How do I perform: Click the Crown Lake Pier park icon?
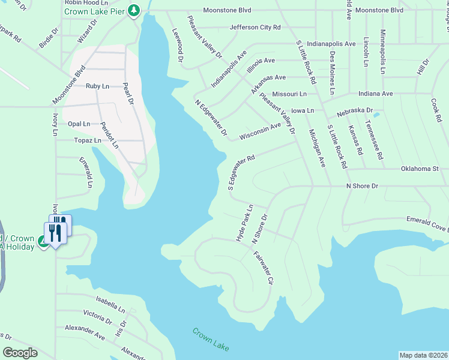[135, 10]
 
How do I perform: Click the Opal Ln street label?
[79, 124]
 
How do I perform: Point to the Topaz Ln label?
[88, 140]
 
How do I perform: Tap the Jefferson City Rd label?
[255, 28]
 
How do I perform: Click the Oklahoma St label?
[420, 169]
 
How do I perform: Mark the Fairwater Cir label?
[264, 268]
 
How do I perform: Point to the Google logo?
[20, 353]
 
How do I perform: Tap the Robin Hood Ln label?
[86, 2]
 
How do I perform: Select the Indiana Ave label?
[375, 94]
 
